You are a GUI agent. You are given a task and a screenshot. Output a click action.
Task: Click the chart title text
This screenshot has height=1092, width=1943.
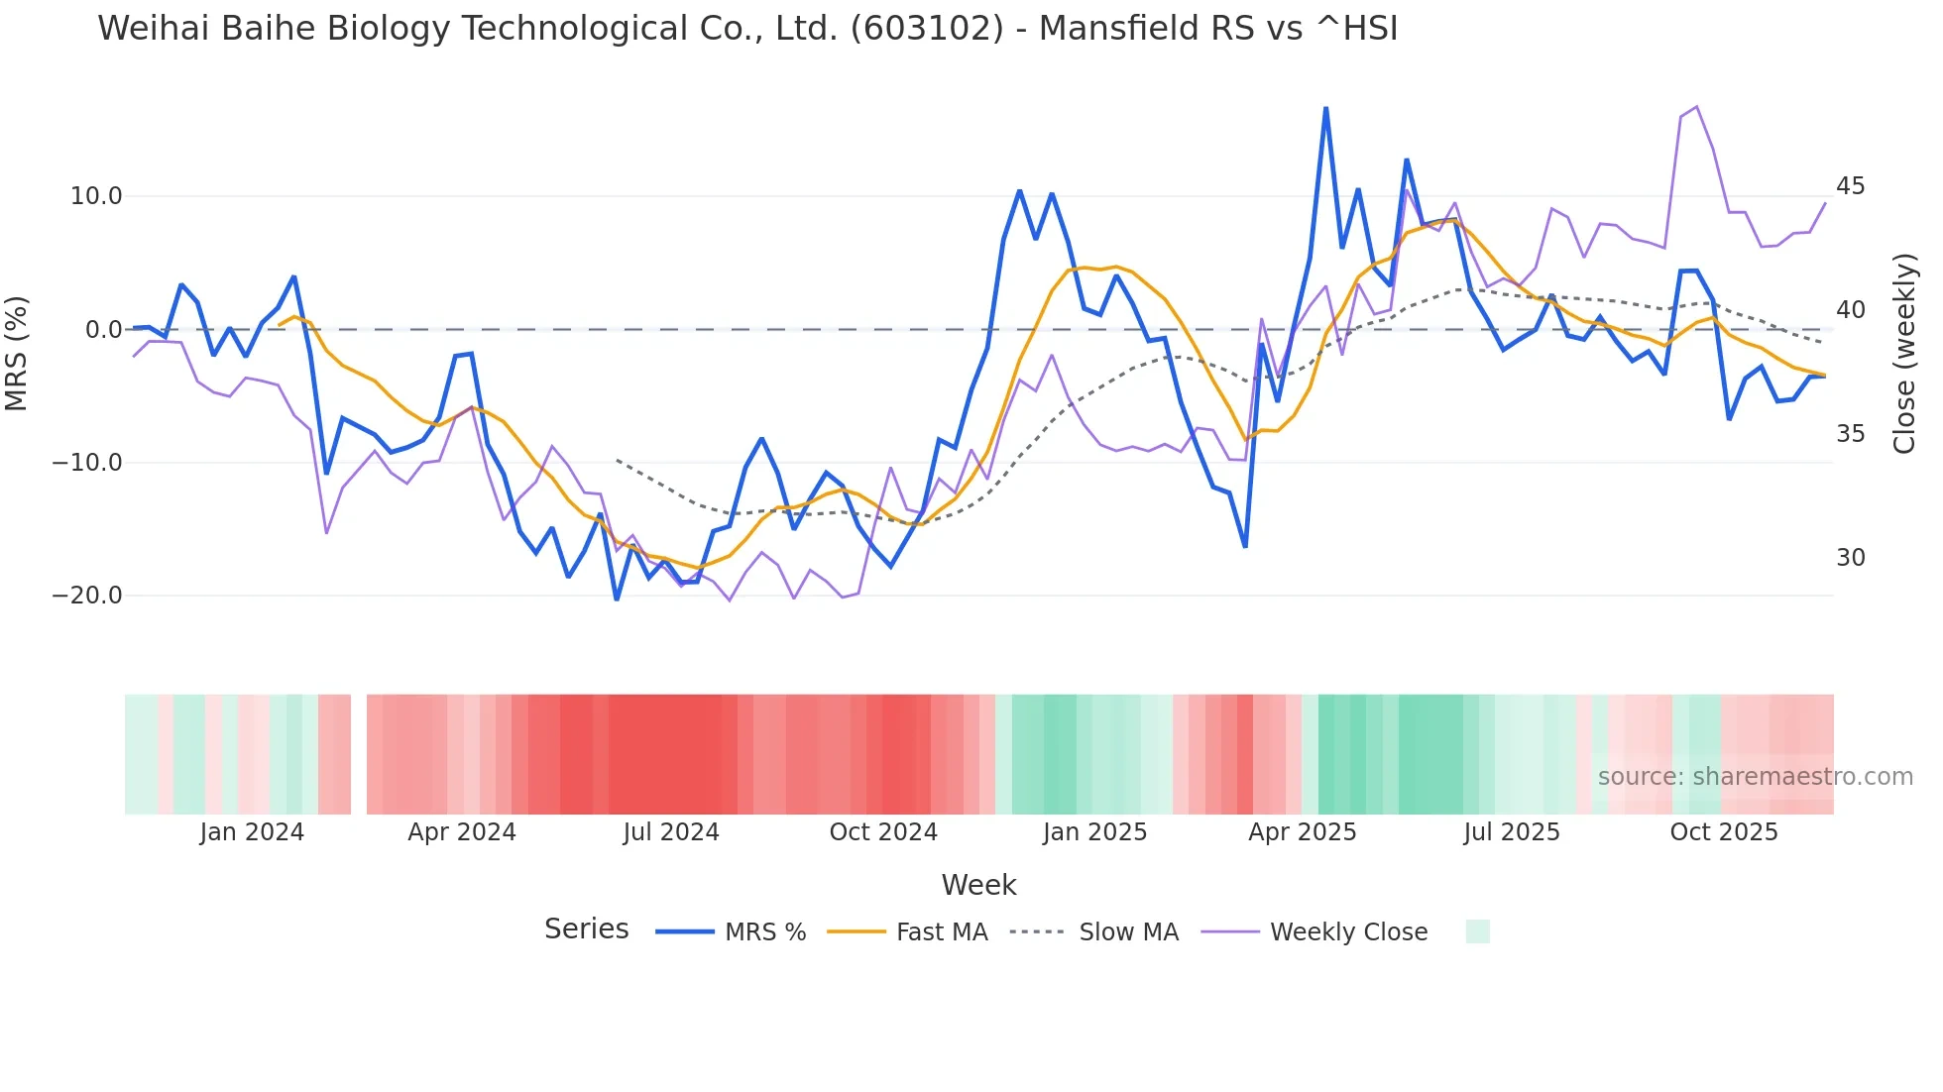tap(747, 28)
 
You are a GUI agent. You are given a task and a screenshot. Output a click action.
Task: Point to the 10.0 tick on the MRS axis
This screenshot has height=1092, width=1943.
tap(96, 196)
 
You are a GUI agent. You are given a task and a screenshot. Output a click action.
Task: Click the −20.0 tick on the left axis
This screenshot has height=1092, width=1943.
tap(87, 596)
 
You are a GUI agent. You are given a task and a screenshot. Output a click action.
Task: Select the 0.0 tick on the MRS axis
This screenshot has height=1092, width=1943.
tap(104, 330)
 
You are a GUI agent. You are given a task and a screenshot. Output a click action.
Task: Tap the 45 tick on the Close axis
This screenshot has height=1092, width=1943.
tap(1850, 186)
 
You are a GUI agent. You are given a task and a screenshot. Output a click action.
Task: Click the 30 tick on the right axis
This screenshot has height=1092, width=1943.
tap(1850, 558)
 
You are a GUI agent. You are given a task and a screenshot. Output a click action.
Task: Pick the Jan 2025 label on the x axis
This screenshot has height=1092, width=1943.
tap(1094, 832)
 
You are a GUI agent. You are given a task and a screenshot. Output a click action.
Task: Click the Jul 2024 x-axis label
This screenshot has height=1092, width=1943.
tap(671, 832)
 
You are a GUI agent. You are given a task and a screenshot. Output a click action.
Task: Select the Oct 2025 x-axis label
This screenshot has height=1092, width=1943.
tap(1724, 832)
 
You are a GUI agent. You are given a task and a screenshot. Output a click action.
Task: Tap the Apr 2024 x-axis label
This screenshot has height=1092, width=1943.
tap(462, 832)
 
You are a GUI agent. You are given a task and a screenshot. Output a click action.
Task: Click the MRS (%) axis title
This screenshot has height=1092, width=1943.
tap(17, 353)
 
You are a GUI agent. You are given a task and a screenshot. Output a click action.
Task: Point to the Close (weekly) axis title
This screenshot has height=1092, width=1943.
tap(1904, 353)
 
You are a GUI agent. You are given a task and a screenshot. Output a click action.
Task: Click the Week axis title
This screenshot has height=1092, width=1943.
tap(978, 885)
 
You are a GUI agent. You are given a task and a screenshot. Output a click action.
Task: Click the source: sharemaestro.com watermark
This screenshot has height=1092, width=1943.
tap(1755, 777)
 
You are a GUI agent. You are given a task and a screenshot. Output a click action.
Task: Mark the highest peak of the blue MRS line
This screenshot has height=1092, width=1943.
tap(1325, 108)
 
